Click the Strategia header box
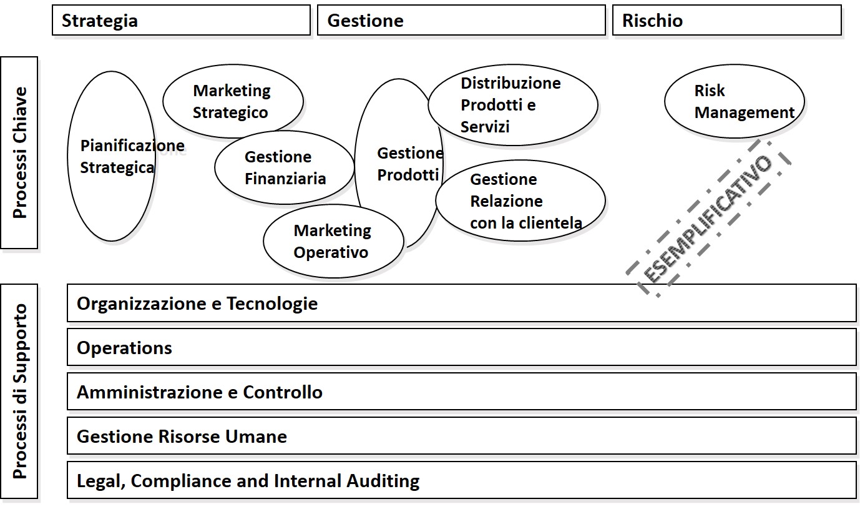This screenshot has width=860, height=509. click(181, 21)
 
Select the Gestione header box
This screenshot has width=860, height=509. click(461, 21)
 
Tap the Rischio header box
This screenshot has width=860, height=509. click(727, 21)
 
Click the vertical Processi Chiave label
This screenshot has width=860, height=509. click(20, 153)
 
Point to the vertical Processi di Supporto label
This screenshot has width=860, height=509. click(20, 392)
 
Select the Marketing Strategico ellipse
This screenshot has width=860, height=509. click(232, 101)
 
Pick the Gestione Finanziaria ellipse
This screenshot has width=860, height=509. click(285, 167)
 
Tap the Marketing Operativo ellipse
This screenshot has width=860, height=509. click(333, 241)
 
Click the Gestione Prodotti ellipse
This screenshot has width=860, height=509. click(399, 163)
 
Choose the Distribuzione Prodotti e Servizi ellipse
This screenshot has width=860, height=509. click(512, 105)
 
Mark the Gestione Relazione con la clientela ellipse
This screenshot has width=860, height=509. click(520, 200)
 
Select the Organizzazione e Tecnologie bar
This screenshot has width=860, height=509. click(461, 304)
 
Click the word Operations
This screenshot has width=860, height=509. click(124, 348)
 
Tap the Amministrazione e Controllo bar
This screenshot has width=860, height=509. click(461, 392)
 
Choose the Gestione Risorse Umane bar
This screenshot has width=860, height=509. click(461, 436)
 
